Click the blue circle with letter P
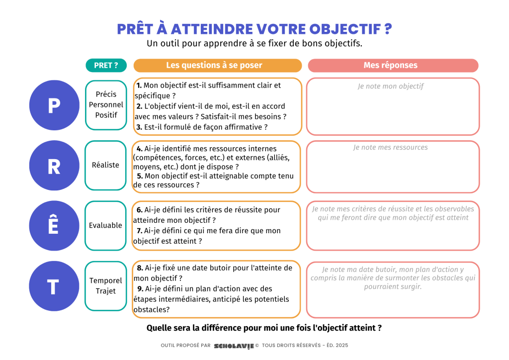(x=54, y=105)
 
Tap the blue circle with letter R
(x=54, y=166)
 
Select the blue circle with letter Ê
(x=54, y=225)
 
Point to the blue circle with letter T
(x=54, y=286)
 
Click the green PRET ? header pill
(x=106, y=65)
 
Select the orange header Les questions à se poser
(x=217, y=65)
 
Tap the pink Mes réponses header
(x=393, y=65)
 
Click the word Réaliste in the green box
(x=106, y=165)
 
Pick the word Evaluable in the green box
(x=105, y=225)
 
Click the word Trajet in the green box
(x=106, y=291)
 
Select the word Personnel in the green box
(x=106, y=104)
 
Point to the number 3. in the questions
(x=139, y=127)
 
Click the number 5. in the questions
(x=140, y=176)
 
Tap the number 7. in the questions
(x=140, y=231)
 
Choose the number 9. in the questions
(x=140, y=289)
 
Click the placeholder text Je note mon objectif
(x=391, y=87)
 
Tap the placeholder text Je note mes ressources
(x=391, y=147)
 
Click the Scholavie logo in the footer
(x=233, y=346)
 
